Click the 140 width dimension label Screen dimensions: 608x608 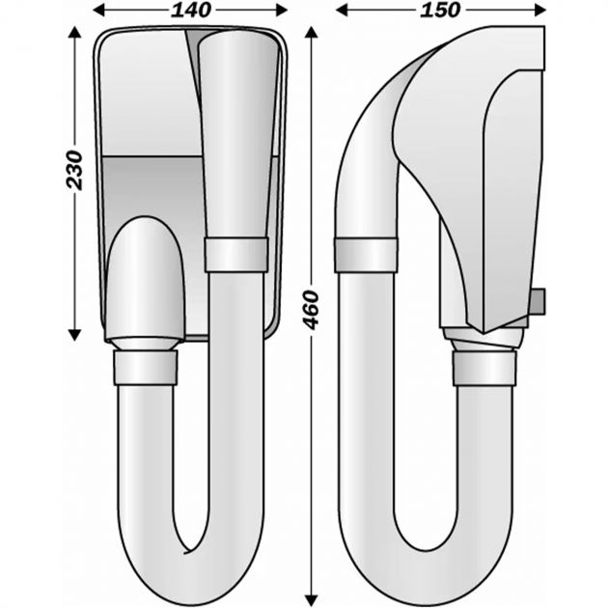tap(191, 11)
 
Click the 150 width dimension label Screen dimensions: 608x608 tap(442, 11)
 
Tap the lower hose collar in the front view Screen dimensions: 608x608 tap(146, 367)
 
